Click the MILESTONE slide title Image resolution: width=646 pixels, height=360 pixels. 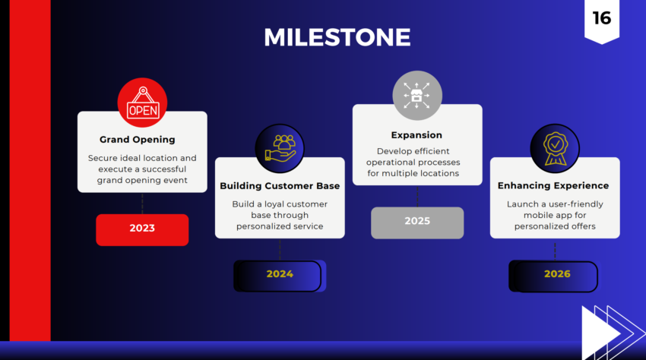click(x=337, y=36)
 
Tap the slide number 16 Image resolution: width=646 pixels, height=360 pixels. click(x=601, y=18)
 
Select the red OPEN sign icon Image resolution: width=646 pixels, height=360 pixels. click(x=142, y=103)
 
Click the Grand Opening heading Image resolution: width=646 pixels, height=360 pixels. click(x=138, y=140)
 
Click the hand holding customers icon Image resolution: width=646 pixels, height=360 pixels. click(x=280, y=149)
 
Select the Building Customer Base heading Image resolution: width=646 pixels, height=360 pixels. click(x=280, y=186)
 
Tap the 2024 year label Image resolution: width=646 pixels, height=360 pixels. click(x=280, y=274)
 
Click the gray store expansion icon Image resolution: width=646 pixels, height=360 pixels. click(x=417, y=96)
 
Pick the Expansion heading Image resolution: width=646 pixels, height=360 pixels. click(x=416, y=135)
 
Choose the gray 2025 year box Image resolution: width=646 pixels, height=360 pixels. click(x=417, y=222)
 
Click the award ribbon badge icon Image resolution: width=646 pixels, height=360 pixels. click(x=555, y=149)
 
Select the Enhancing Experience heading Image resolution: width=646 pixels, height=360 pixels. click(x=553, y=186)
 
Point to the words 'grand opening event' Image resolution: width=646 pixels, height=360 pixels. click(x=142, y=181)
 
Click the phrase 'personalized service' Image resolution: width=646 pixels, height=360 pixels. click(x=280, y=226)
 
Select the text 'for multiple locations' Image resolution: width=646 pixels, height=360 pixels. click(x=417, y=173)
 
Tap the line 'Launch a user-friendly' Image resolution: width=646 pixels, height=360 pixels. click(x=555, y=204)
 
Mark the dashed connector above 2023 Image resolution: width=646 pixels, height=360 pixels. click(x=142, y=203)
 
